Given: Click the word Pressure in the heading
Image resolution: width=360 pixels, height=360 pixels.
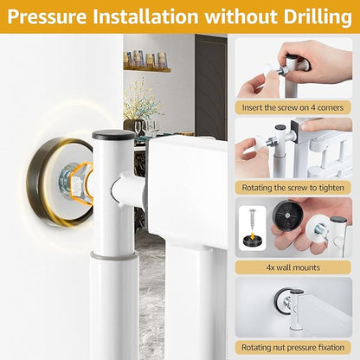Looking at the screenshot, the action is tap(48, 17).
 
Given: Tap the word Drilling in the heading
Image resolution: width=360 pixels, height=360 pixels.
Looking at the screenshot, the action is tap(318, 17).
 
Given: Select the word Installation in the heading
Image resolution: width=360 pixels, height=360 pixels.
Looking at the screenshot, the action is tap(146, 16).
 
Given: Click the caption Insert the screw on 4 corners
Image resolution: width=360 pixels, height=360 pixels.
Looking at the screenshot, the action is tap(292, 107).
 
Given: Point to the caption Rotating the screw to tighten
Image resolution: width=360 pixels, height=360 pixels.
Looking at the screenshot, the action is tap(292, 188).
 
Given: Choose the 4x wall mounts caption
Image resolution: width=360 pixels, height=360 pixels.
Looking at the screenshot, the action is tap(292, 267).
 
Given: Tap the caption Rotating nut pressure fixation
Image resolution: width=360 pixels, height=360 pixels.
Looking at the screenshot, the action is tap(292, 347).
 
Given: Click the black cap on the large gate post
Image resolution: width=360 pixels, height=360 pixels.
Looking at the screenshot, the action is tap(113, 134).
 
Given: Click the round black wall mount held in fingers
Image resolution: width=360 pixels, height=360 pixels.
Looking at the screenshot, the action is tap(287, 215).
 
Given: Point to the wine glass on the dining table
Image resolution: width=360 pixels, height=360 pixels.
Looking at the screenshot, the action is tap(138, 127).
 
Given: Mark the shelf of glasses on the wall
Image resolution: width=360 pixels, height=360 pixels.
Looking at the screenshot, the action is tap(147, 61).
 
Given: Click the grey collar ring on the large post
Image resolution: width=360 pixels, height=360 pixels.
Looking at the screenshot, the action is tap(113, 255).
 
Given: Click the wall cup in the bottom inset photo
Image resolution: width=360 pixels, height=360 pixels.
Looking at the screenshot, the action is tap(283, 300).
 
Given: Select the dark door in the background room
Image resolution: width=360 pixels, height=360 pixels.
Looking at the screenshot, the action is tap(210, 87).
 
